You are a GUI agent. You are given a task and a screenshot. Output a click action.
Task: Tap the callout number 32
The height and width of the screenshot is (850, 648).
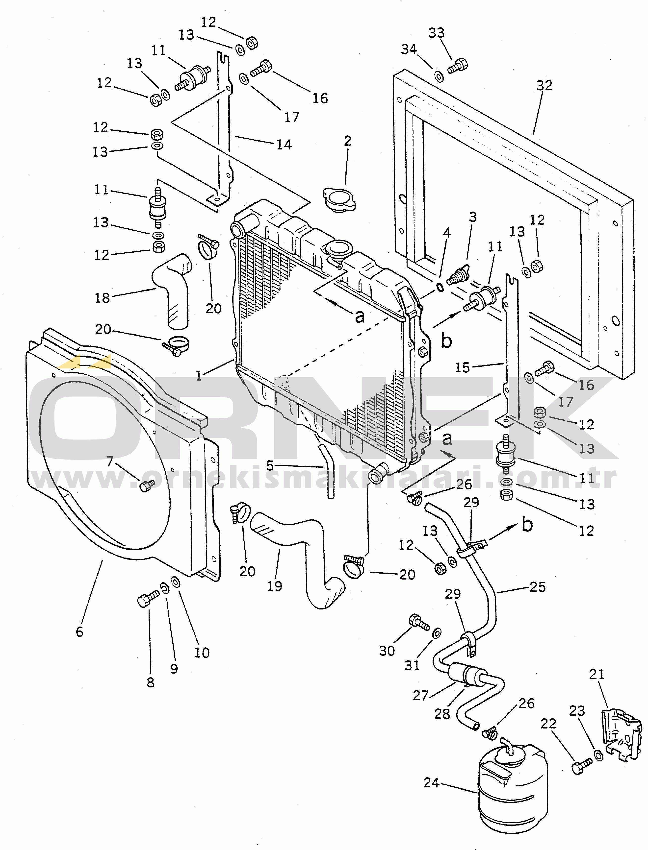point(544,85)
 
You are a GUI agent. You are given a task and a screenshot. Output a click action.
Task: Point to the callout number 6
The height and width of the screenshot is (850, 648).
point(79,631)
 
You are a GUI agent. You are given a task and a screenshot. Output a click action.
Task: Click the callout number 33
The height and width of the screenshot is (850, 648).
point(436,33)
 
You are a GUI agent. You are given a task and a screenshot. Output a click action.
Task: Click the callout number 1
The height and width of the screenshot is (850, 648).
point(199,375)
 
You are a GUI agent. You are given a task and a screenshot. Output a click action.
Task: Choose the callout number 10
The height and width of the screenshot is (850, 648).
point(202,653)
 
